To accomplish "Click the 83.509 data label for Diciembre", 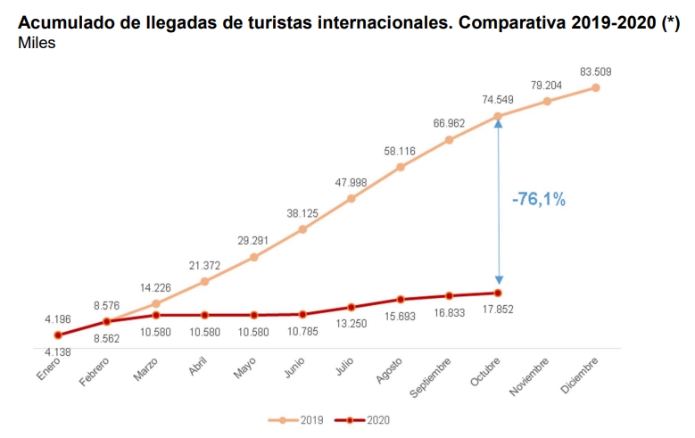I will (x=595, y=71).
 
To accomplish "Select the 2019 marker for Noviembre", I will (x=547, y=101).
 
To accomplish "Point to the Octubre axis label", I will (x=483, y=370).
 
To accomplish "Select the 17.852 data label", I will (x=499, y=309).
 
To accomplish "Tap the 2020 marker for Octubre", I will (x=499, y=293).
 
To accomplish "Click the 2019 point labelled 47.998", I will (x=352, y=198).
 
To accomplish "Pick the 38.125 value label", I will (x=302, y=213).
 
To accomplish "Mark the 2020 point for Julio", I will (x=352, y=307).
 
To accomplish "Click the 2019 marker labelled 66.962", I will (x=450, y=140).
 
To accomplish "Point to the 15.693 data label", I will (x=401, y=317).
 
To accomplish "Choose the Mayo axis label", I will (x=244, y=368).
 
